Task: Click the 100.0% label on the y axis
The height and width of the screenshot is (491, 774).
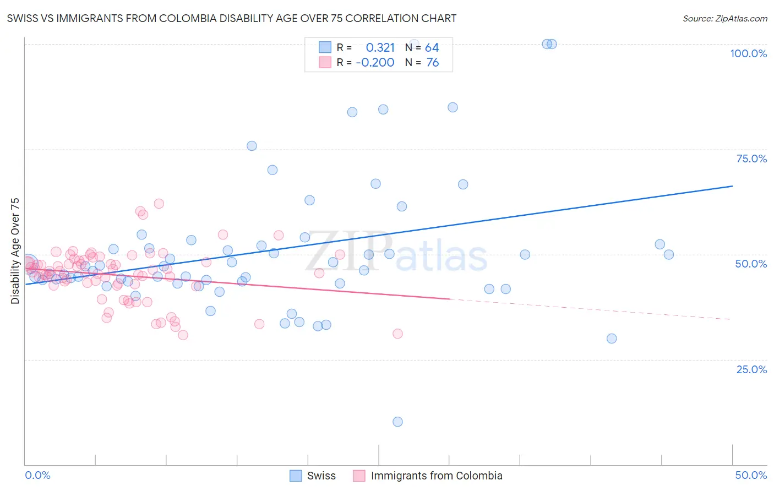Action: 748,53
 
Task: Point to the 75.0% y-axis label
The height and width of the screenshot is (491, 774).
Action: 751,159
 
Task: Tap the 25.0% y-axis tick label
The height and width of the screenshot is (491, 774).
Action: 751,369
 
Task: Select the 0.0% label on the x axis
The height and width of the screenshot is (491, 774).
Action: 37,475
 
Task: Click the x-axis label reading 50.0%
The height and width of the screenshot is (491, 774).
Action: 751,475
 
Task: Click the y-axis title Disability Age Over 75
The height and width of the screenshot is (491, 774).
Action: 15,250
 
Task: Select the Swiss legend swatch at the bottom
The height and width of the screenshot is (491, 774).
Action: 296,476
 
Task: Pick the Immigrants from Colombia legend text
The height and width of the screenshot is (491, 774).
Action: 437,476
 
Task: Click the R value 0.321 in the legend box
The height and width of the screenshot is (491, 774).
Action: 380,48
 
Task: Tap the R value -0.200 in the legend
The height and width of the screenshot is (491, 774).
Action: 375,63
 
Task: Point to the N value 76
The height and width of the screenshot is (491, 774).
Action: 433,63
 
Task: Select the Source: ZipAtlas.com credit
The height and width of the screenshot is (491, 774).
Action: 724,18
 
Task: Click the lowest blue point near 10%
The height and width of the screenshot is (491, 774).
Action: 397,422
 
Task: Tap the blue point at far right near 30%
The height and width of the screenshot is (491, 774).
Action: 612,339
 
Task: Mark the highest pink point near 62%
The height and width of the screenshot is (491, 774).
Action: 159,204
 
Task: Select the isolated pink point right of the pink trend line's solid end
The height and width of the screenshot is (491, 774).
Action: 397,334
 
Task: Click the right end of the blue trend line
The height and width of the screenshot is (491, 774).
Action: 732,186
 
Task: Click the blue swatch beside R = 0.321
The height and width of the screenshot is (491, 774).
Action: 325,48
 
